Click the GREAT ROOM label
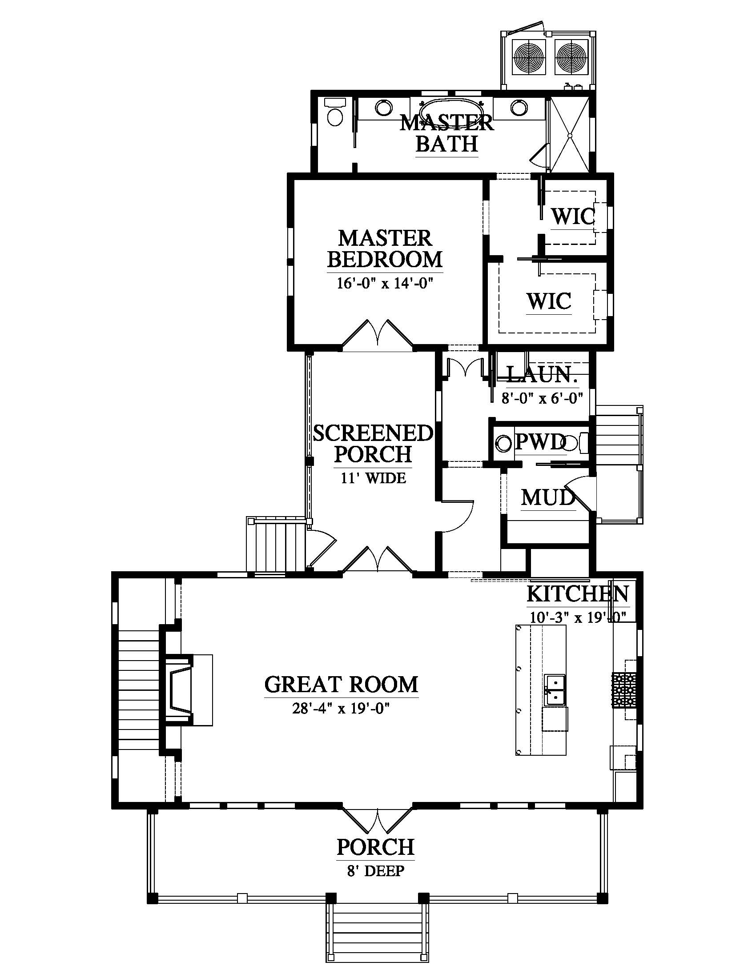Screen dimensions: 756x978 341,685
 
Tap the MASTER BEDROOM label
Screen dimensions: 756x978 385,249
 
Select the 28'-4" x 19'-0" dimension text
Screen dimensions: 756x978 341,709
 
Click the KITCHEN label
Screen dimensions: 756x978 578,594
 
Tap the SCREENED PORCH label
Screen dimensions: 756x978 373,444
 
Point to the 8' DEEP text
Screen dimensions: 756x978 376,871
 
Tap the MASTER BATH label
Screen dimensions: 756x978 447,133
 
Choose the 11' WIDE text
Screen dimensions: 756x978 374,478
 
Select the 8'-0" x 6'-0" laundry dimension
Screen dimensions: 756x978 543,398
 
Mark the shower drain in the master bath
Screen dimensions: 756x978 570,135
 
